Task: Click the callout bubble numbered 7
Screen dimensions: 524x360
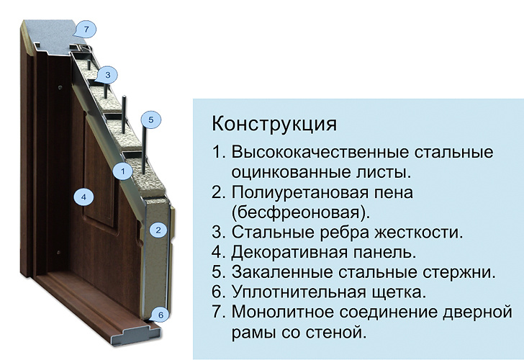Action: [x=86, y=30]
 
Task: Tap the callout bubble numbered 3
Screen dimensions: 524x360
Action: [x=107, y=75]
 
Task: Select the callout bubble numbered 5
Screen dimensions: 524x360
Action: [x=150, y=120]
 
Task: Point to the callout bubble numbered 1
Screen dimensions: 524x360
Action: [x=122, y=171]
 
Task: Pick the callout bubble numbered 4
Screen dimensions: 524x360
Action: [x=83, y=197]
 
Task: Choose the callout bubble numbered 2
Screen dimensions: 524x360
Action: [x=158, y=230]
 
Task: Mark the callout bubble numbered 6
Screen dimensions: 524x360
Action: [x=161, y=315]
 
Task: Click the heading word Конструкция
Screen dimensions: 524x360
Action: [x=274, y=124]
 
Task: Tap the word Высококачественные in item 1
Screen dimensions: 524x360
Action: [x=320, y=152]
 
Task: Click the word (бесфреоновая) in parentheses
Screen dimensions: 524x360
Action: [x=301, y=212]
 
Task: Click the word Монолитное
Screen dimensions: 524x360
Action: [x=283, y=312]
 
